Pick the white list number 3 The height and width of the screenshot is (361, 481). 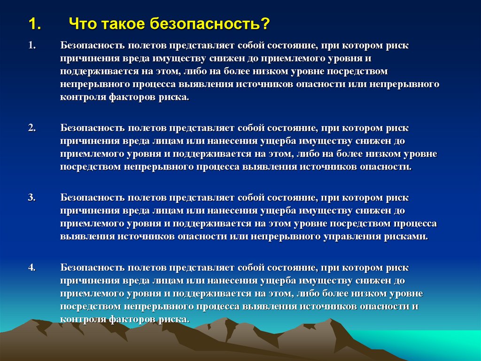(31, 198)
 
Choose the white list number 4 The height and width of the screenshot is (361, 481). (31, 268)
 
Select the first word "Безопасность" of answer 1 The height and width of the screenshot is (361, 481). (92, 47)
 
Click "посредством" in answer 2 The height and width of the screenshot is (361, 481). (89, 167)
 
